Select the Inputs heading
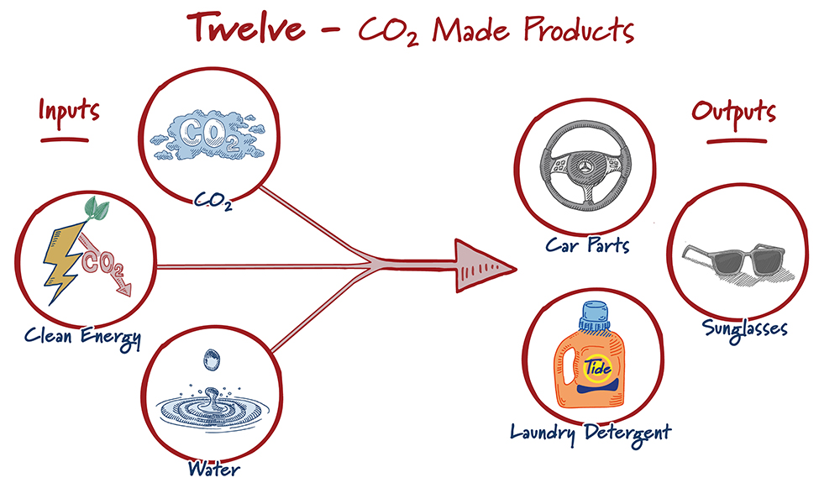69,110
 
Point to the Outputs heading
733,112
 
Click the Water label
213,469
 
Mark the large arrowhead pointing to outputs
481,266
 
